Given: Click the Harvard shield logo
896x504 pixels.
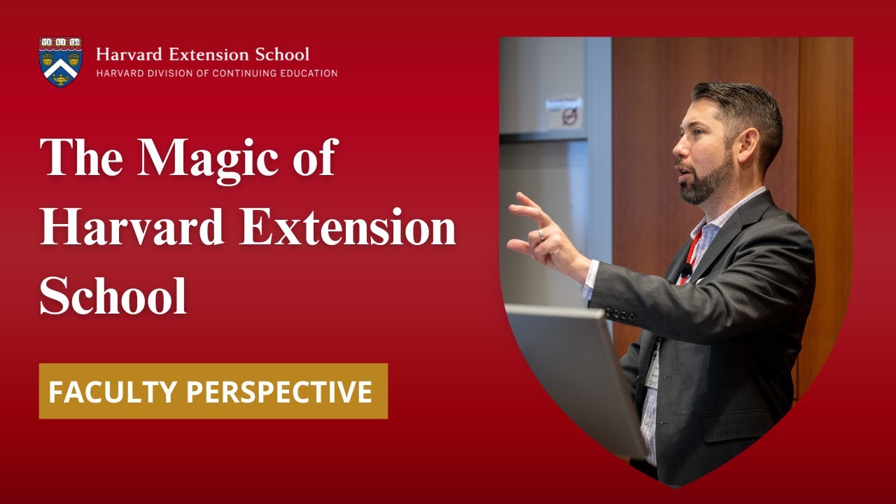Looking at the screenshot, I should pyautogui.click(x=61, y=62).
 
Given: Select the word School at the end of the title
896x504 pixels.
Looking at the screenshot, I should pyautogui.click(x=113, y=295).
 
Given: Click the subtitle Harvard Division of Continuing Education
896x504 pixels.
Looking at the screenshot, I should pyautogui.click(x=216, y=73).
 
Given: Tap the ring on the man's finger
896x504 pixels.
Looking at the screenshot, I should pyautogui.click(x=540, y=235).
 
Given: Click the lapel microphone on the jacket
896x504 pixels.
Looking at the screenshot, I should pyautogui.click(x=687, y=270).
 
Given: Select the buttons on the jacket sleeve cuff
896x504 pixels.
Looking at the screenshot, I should pyautogui.click(x=620, y=314).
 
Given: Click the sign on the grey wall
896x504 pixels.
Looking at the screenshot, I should pyautogui.click(x=563, y=112).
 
